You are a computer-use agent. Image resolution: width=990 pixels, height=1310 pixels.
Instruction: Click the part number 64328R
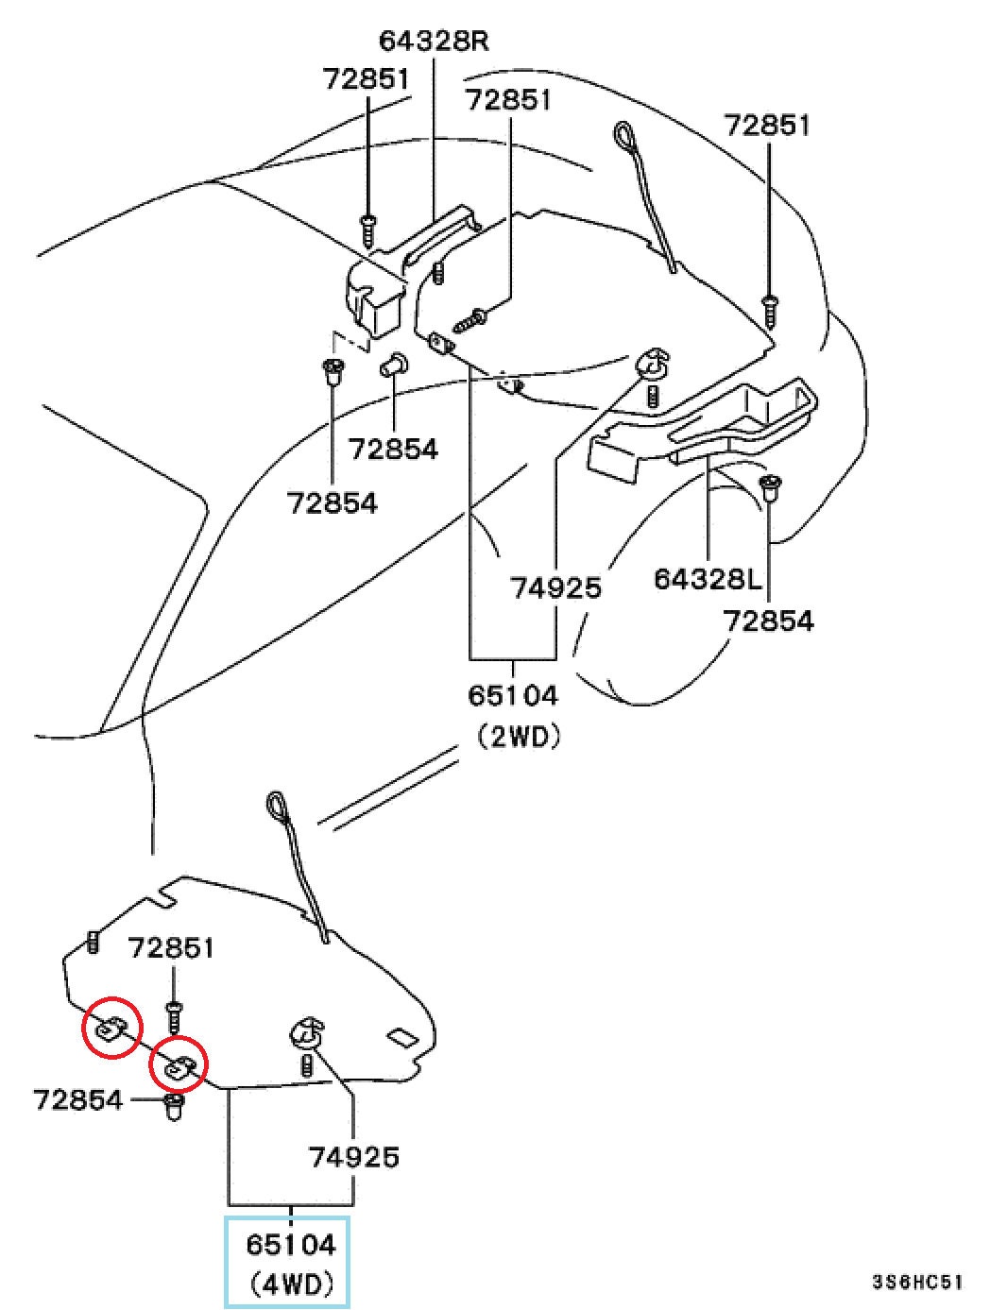[x=434, y=42]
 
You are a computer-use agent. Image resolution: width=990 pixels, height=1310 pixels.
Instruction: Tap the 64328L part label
[x=708, y=578]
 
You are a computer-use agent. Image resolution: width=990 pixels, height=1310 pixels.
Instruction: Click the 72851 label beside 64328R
[x=367, y=78]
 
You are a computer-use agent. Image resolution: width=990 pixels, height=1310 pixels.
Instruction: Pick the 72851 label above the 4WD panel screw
[x=171, y=947]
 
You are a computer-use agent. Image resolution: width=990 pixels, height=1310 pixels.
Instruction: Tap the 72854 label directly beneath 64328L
[x=769, y=621]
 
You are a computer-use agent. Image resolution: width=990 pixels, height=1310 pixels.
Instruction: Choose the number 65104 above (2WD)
[x=513, y=695]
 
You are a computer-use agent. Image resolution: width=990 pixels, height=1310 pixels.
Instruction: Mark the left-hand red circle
[x=112, y=1027]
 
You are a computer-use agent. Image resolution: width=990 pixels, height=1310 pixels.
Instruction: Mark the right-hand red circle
[x=178, y=1067]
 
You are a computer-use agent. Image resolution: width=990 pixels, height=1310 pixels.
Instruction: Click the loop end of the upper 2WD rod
[x=624, y=136]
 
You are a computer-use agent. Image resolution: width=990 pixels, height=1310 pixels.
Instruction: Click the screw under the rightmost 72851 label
[x=771, y=310]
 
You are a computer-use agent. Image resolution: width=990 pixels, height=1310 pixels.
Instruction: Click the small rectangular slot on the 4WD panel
[x=403, y=1037]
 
